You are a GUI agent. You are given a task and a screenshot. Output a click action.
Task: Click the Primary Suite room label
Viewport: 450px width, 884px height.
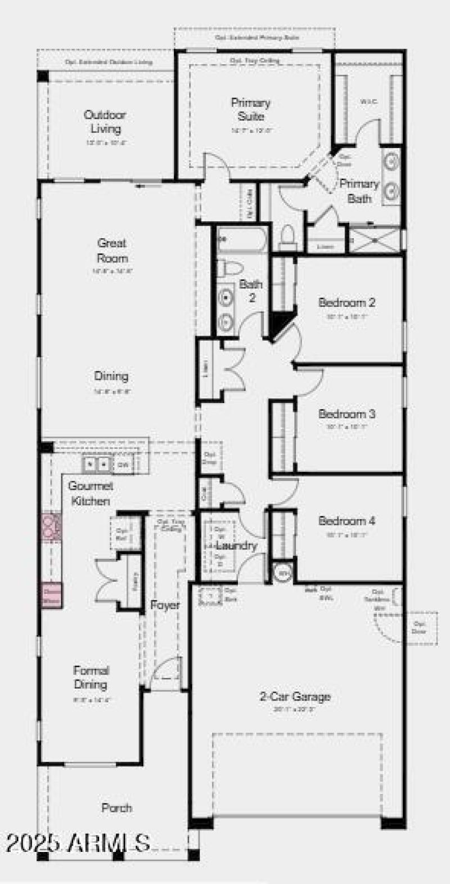251,109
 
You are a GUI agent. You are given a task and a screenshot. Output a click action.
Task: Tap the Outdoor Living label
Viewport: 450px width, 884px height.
105,122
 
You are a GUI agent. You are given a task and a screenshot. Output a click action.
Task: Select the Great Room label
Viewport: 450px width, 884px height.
112,251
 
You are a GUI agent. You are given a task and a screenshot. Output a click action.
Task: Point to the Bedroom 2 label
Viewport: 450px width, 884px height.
346,303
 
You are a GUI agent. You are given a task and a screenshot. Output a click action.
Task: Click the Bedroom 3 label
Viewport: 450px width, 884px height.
346,414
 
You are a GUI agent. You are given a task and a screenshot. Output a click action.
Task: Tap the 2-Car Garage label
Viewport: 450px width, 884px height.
295,697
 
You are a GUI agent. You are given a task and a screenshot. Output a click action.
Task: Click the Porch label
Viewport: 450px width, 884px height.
117,808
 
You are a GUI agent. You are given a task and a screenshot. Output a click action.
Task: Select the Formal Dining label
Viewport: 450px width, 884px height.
91,677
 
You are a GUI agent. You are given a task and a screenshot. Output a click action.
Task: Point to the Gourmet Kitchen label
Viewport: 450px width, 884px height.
91,493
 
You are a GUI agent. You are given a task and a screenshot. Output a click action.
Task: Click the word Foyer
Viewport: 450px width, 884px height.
165,606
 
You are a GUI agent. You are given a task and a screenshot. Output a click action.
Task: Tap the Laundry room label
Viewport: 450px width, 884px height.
237,546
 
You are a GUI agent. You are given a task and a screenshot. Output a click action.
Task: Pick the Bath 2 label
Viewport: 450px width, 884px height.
251,291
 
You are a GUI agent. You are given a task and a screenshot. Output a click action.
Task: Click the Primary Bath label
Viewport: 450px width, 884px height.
359,191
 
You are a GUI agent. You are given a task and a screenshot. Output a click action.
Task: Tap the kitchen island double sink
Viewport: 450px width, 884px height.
97,465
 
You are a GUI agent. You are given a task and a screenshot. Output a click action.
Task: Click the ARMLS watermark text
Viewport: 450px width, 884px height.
79,843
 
